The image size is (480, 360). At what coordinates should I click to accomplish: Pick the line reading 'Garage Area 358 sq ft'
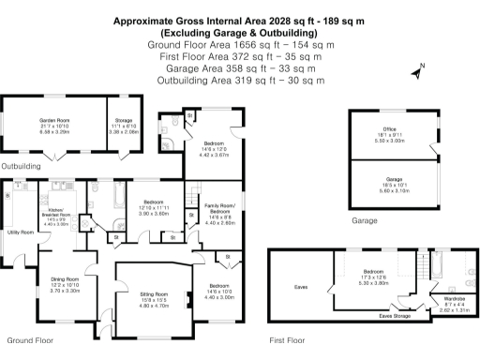click(x=239, y=67)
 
